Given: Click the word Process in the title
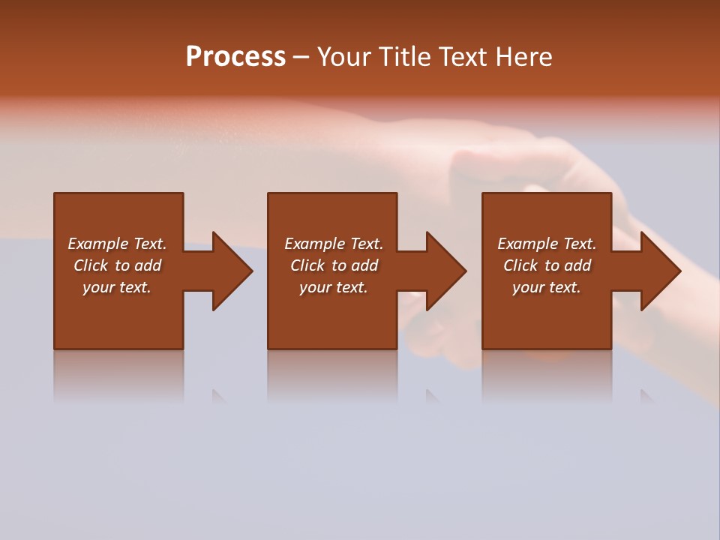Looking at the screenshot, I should [235, 57].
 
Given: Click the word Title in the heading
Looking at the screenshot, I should [404, 57].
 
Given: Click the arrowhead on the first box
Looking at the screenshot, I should [229, 271].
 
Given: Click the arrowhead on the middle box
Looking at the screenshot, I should [442, 271].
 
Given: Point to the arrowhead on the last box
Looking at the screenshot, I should [657, 271].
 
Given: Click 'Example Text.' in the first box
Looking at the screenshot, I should [117, 244].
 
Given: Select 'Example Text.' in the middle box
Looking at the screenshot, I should [334, 244].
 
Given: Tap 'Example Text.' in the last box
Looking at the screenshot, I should [547, 244].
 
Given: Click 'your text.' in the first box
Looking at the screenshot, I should [117, 287].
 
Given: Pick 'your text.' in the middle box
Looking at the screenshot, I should [334, 287].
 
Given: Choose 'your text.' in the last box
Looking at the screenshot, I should [547, 287].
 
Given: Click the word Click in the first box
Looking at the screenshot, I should [90, 265].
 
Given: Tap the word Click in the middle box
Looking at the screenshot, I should [307, 265].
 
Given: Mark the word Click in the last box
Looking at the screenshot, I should [520, 265].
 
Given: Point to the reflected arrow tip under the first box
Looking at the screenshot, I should [219, 396].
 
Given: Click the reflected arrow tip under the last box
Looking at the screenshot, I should [646, 396].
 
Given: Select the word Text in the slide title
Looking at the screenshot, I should [460, 57].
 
